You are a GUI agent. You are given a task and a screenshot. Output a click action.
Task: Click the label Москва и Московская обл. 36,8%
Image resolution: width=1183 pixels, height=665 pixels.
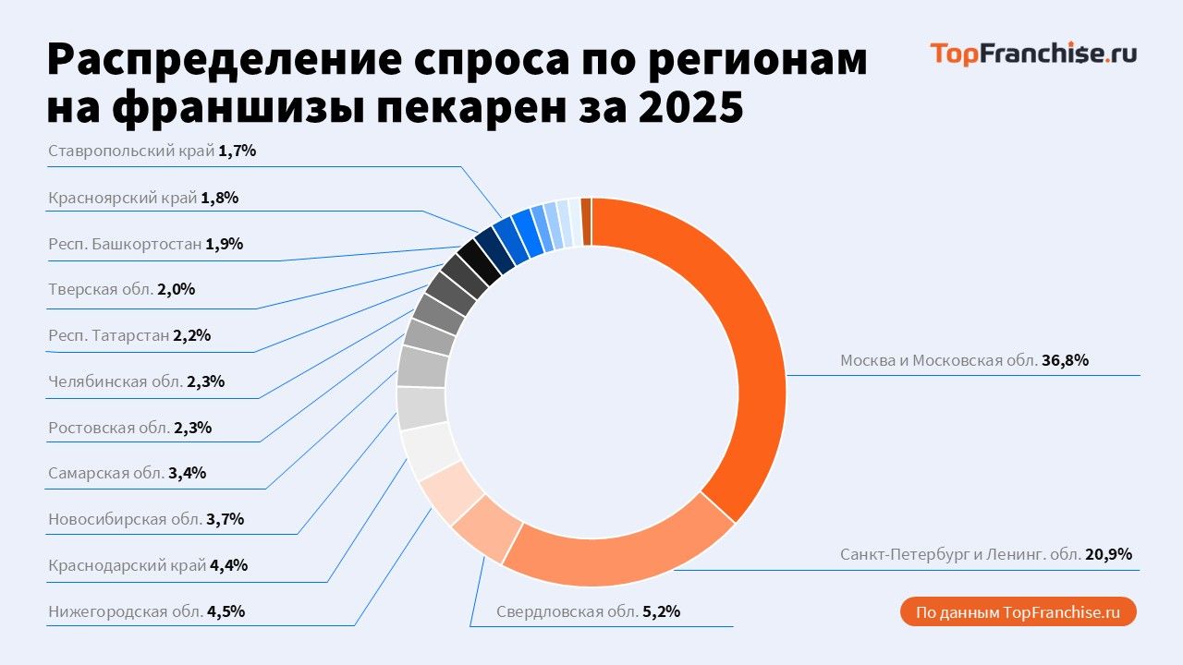pyautogui.click(x=964, y=361)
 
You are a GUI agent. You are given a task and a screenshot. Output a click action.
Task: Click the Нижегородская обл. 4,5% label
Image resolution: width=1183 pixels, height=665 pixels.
pyautogui.click(x=146, y=611)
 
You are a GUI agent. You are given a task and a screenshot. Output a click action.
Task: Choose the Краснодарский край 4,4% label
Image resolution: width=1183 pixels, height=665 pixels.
pyautogui.click(x=148, y=565)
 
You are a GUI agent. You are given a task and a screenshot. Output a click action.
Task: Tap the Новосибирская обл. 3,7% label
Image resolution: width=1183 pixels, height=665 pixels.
pyautogui.click(x=145, y=519)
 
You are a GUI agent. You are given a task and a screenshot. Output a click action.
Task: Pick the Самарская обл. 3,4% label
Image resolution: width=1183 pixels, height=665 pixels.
pyautogui.click(x=127, y=474)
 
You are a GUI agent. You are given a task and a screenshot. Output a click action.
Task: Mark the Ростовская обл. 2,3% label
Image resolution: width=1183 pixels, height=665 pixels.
pyautogui.click(x=130, y=428)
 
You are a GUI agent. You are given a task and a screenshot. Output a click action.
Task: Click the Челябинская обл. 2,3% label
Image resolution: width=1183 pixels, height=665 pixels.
pyautogui.click(x=136, y=381)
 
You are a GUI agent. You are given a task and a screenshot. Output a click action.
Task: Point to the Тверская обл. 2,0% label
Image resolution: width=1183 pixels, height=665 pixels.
pyautogui.click(x=121, y=289)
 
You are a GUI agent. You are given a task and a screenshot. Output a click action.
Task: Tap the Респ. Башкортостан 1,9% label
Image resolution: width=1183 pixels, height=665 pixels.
pyautogui.click(x=145, y=245)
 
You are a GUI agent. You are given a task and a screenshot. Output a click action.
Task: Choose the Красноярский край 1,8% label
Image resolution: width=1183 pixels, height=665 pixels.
pyautogui.click(x=143, y=198)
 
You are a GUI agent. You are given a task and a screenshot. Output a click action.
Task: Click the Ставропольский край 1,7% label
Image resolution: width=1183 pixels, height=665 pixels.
pyautogui.click(x=152, y=151)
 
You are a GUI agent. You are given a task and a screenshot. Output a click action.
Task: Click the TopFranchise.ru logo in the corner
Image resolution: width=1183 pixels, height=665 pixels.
pyautogui.click(x=1033, y=54)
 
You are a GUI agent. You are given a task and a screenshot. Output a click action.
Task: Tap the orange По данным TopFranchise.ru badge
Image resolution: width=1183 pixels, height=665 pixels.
pyautogui.click(x=1018, y=612)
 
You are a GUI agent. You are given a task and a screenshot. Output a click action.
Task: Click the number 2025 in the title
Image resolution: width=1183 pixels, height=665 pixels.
pyautogui.click(x=690, y=108)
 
